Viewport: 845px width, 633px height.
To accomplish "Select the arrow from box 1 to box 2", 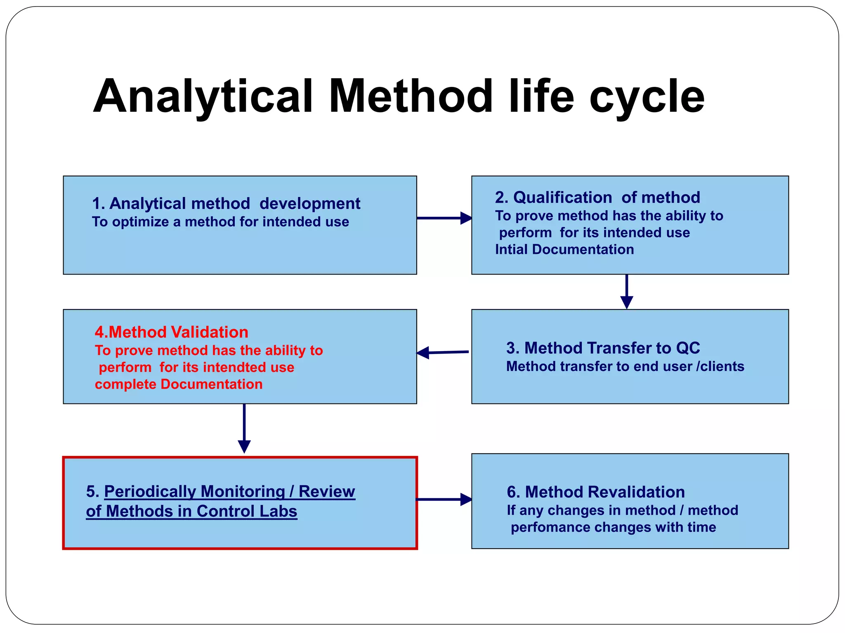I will pyautogui.click(x=444, y=218).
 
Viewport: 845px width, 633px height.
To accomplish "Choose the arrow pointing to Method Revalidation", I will pyautogui.click(x=444, y=499).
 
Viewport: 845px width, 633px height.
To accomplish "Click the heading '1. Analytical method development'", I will pyautogui.click(x=226, y=204).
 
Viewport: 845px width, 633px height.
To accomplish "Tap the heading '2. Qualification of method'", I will pyautogui.click(x=597, y=197).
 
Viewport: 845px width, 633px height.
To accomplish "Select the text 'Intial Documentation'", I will pyautogui.click(x=564, y=250).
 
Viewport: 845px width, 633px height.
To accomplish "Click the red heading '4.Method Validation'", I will pyautogui.click(x=171, y=332).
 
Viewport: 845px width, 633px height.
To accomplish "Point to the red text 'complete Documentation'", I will pyautogui.click(x=179, y=384).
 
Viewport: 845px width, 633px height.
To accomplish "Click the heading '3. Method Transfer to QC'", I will pyautogui.click(x=603, y=348).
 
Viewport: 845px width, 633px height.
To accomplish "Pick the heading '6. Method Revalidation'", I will pyautogui.click(x=595, y=492).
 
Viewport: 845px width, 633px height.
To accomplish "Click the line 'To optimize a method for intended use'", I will pyautogui.click(x=220, y=222).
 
